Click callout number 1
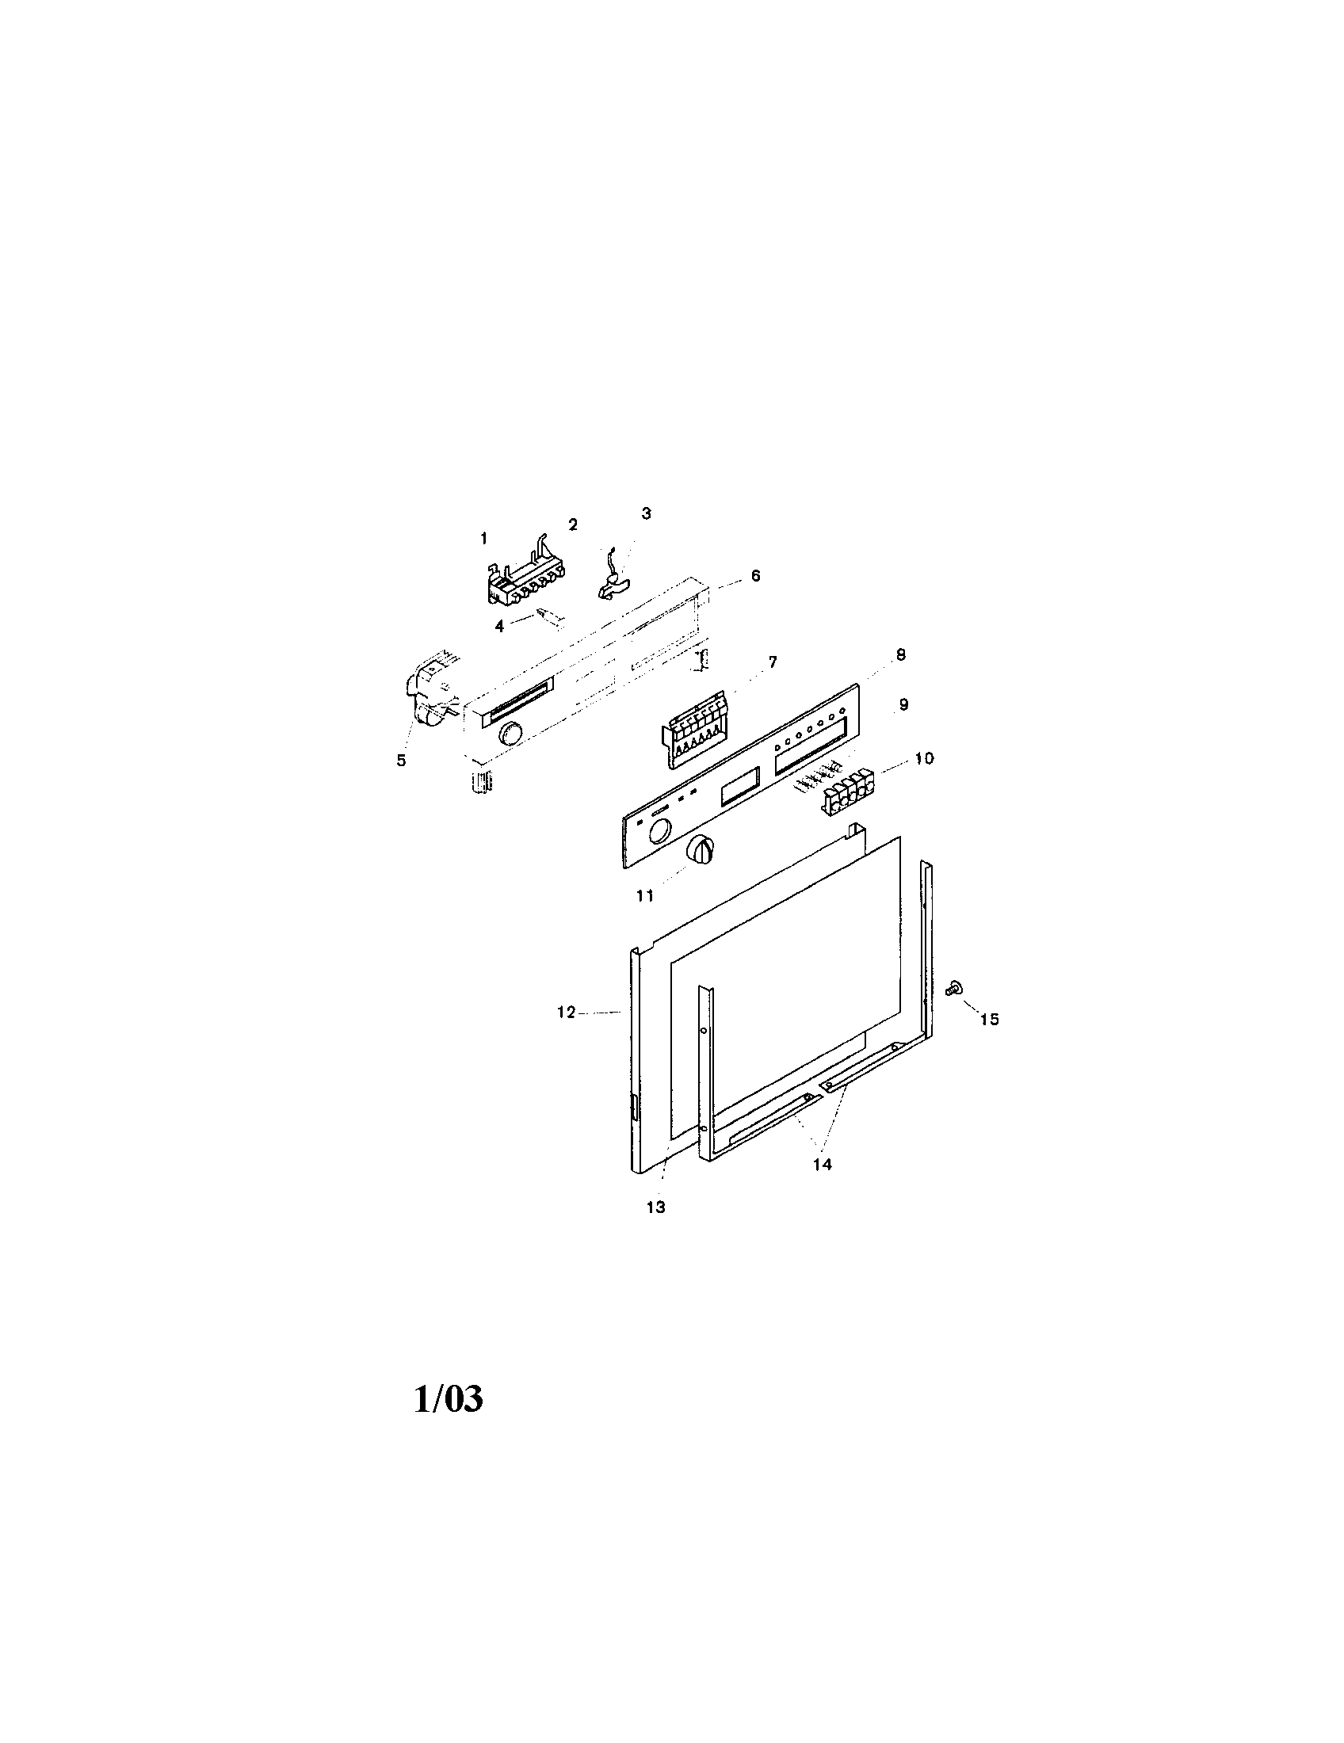tap(483, 539)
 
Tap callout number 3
tap(647, 513)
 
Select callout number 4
tap(499, 627)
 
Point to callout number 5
tap(402, 761)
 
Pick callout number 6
tap(756, 575)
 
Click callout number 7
tap(772, 662)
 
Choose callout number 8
tap(900, 654)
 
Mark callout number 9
tap(903, 704)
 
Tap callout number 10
tap(923, 758)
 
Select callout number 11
tap(645, 895)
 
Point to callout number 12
tap(566, 1013)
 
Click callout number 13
tap(655, 1207)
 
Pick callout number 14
tap(822, 1165)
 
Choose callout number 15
tap(989, 1019)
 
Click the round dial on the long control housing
tap(509, 733)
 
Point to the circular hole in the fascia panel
tap(659, 834)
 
